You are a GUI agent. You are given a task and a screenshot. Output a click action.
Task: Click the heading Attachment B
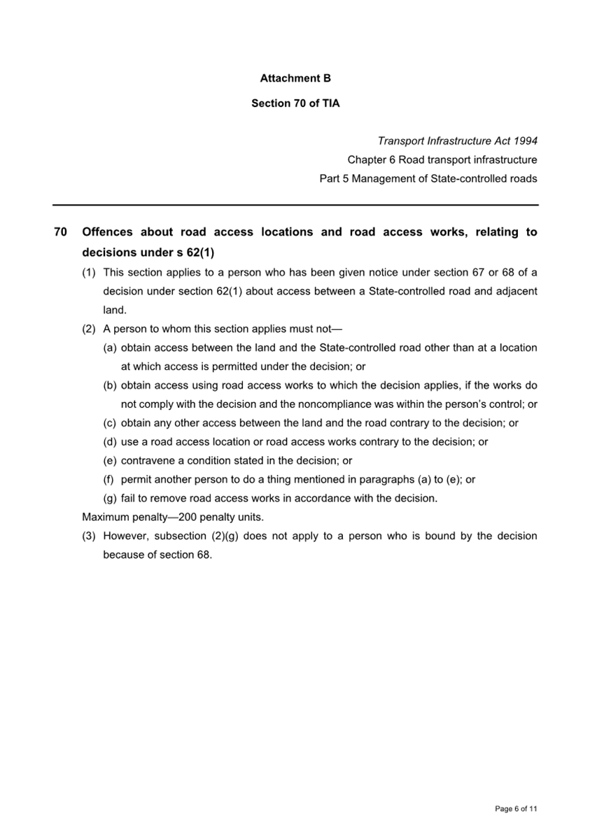pos(295,79)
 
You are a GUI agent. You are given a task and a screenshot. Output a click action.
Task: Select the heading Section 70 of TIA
pos(295,104)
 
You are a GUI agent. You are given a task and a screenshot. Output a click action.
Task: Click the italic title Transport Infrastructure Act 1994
pos(458,141)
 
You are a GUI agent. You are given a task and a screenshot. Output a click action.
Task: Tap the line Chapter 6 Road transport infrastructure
pos(442,160)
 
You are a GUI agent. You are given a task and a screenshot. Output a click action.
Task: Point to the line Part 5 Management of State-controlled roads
pos(428,179)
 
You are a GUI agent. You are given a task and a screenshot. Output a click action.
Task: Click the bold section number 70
pos(59,232)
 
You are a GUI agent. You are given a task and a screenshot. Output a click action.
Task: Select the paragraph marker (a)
pos(110,348)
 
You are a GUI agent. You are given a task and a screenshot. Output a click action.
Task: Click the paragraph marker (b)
pos(110,386)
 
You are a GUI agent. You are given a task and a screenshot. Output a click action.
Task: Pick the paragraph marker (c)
pos(110,424)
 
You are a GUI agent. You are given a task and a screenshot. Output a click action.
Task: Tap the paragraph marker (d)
pos(110,443)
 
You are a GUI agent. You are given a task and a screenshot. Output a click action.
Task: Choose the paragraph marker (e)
pos(110,462)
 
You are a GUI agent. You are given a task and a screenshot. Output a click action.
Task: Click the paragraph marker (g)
pos(110,499)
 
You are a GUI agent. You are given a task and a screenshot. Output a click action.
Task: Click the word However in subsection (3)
pos(126,536)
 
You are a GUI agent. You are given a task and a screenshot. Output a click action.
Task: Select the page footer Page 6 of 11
pos(516,809)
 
